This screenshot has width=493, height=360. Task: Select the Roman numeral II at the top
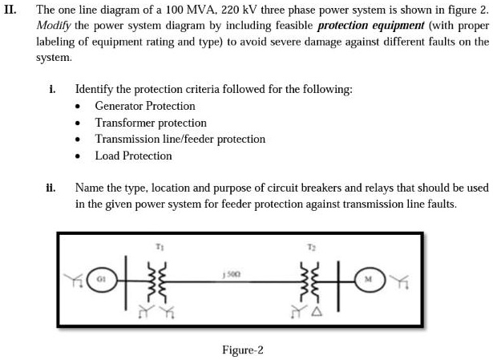[10, 10]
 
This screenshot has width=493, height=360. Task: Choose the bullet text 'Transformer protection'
[151, 123]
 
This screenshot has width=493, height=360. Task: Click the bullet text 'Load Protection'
[133, 156]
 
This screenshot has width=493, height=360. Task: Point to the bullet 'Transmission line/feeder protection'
[180, 139]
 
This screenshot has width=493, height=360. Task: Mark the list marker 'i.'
[53, 89]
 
